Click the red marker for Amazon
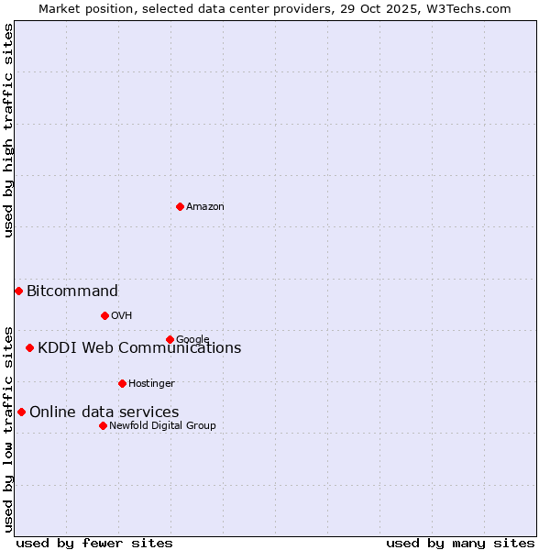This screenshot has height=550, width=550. coord(180,206)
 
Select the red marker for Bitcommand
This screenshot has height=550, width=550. coord(18,291)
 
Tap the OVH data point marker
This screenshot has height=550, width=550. coord(104,315)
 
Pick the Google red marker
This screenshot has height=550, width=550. coord(170,339)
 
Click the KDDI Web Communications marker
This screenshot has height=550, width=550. coord(30,347)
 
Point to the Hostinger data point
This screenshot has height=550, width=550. coord(122,383)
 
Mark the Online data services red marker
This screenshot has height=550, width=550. coord(21,412)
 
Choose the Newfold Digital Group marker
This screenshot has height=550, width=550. coord(103,425)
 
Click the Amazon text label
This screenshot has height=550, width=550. coord(205,207)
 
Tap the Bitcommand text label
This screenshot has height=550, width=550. coord(72,291)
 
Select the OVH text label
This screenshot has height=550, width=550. coord(122,316)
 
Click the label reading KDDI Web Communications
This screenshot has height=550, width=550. coord(139,348)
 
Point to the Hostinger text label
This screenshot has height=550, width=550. coord(151,383)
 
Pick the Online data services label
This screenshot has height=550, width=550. coord(104,412)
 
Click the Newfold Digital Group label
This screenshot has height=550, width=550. coord(162,425)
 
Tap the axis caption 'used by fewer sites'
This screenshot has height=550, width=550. coord(94,543)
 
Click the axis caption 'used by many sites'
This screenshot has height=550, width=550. coord(460,543)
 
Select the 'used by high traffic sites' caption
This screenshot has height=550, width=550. coord(8,131)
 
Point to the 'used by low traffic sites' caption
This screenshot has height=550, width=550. coord(8,428)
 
